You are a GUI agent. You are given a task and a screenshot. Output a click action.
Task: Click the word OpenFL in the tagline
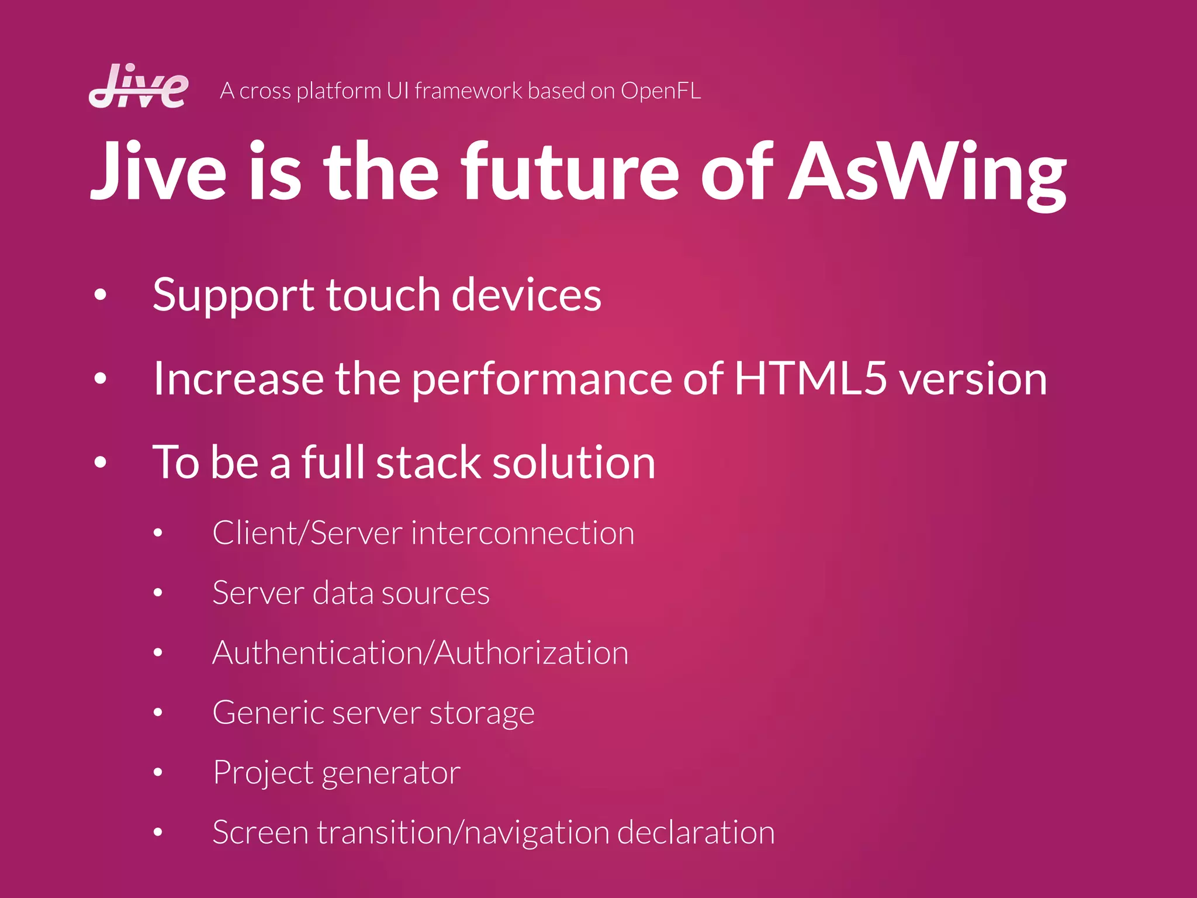coord(660,91)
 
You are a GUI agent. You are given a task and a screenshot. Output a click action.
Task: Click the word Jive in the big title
coord(158,171)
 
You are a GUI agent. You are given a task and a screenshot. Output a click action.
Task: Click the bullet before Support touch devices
coord(101,295)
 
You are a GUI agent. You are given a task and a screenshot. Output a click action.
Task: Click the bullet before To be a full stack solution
coord(101,462)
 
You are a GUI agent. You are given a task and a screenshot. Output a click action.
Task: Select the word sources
coord(435,593)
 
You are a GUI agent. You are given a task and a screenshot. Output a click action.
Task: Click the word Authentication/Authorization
coord(420,653)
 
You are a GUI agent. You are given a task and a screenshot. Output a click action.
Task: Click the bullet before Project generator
coord(158,772)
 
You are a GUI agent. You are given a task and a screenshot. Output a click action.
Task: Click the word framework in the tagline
coord(469,91)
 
